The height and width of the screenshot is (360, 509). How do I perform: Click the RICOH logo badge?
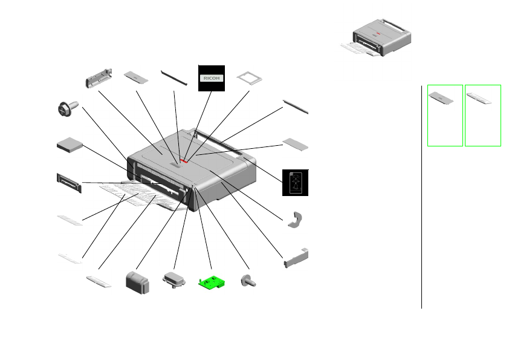[212, 78]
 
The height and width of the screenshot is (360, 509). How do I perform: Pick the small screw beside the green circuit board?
[247, 281]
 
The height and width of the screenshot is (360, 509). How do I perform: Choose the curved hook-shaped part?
[296, 220]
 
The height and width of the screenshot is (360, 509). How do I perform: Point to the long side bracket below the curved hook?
[296, 258]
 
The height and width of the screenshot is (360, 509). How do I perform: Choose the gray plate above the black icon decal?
[295, 145]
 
